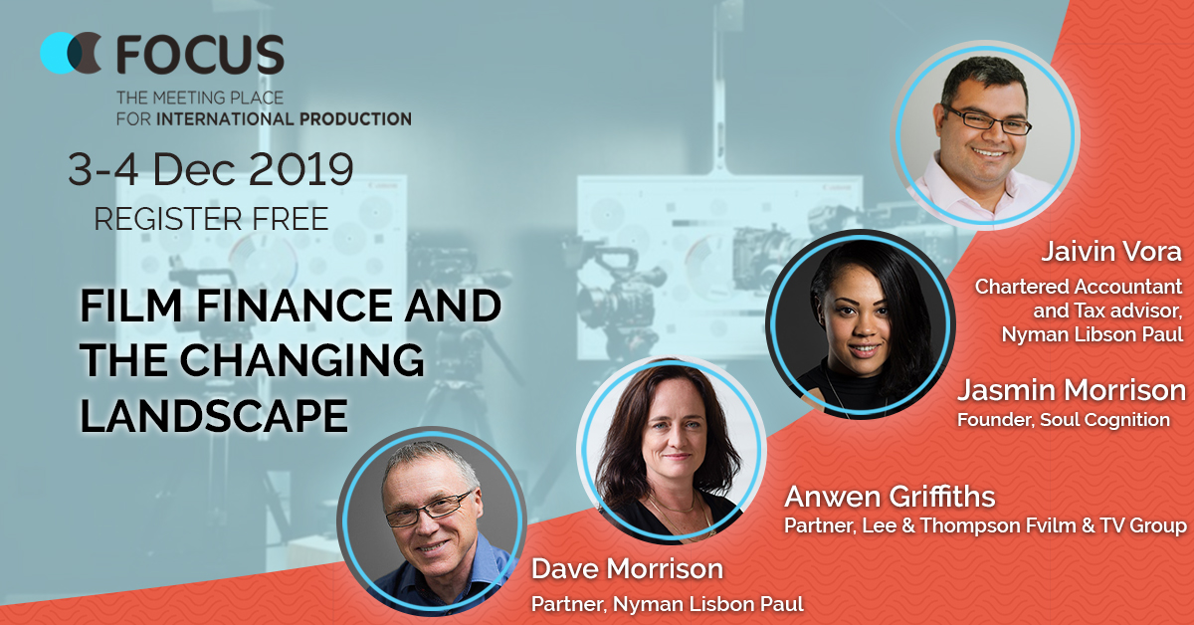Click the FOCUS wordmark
pos(200,54)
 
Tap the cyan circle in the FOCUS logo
pos(58,53)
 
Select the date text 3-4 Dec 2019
pos(211,169)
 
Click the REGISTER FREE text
pos(211,219)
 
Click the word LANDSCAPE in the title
pos(214,415)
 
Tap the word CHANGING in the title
pos(301,360)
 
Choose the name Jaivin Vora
pos(1111,252)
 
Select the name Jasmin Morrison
pos(1072,390)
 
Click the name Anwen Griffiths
pos(890,497)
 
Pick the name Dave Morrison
pos(628,568)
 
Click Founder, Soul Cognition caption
pos(1064,420)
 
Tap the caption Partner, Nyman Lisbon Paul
pos(668,604)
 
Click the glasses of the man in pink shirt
pos(988,120)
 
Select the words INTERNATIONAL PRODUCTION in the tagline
pos(285,118)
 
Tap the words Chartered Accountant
pos(1079,287)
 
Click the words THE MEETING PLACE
pos(200,98)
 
